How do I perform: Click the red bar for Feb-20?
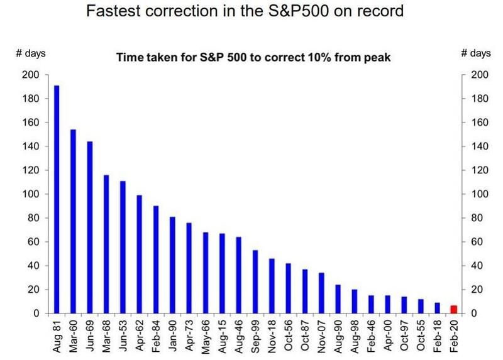(453, 309)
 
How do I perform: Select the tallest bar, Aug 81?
(57, 199)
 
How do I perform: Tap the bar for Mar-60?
(73, 221)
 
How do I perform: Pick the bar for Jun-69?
(90, 227)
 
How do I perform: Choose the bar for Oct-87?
(305, 291)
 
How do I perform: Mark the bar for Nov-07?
(321, 293)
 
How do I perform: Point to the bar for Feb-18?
(437, 308)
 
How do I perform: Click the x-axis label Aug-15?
(222, 336)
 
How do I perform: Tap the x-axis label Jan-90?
(172, 335)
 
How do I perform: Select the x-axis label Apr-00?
(387, 335)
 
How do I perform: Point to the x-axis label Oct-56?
(289, 335)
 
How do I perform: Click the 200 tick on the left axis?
(30, 75)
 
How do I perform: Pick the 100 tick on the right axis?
(480, 194)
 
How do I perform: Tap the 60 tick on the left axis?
(33, 242)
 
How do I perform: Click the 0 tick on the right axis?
(473, 314)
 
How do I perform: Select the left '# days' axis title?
(31, 53)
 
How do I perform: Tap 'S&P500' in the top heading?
(297, 11)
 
